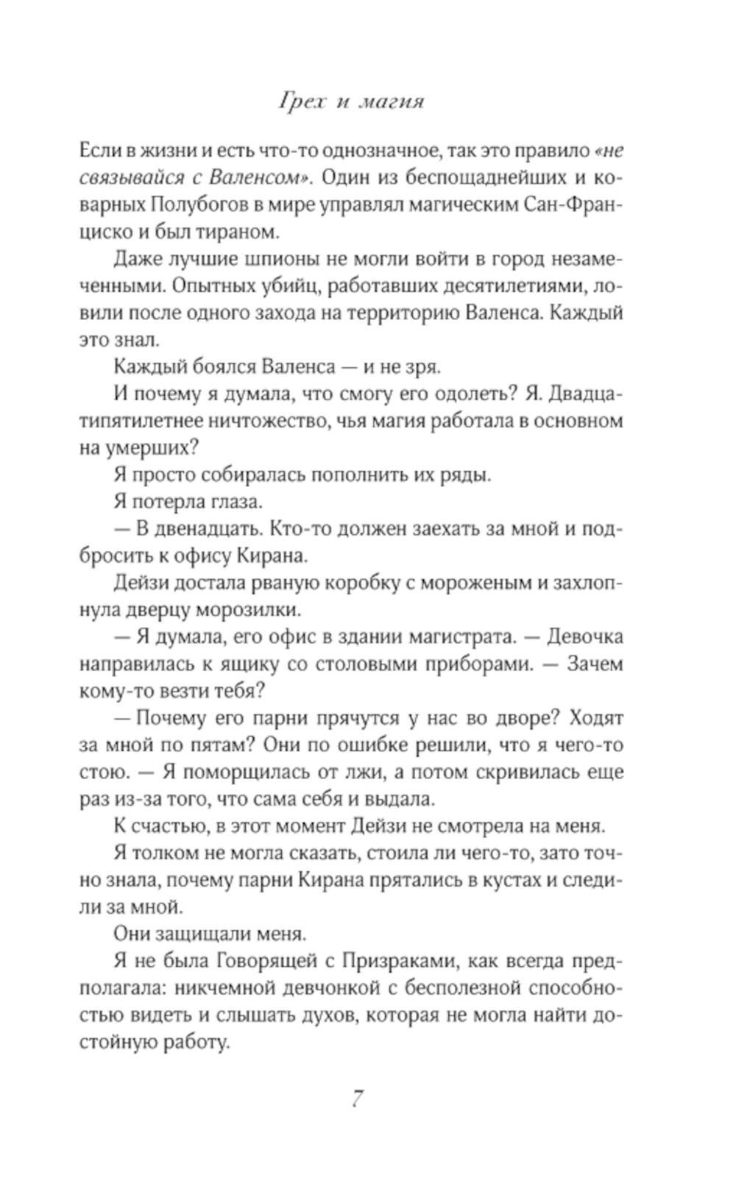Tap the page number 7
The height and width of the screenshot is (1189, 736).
(356, 1099)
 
